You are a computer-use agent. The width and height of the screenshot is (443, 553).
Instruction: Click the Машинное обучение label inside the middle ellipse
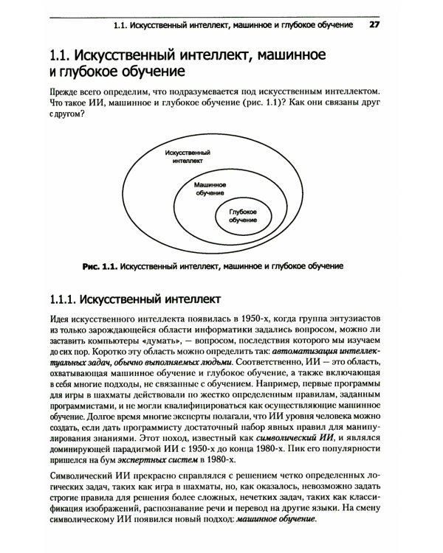210,188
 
